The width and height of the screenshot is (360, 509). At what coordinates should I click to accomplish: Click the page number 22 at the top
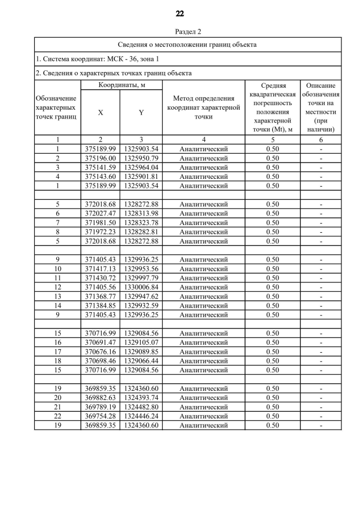tap(179, 13)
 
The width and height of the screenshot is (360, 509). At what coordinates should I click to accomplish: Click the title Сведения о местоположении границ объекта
tap(187, 44)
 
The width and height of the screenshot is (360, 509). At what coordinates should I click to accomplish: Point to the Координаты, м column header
tap(121, 85)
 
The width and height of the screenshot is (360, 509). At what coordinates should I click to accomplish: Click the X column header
tap(100, 112)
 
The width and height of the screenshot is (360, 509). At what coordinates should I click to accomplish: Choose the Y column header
tap(141, 112)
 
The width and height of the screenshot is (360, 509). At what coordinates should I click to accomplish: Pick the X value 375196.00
tap(100, 158)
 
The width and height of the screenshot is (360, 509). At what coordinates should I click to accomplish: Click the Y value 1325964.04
tap(141, 167)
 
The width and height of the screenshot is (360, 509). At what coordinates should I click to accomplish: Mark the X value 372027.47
tap(100, 213)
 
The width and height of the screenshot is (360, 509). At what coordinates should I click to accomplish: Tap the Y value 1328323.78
tap(141, 222)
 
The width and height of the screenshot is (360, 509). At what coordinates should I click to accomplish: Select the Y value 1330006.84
tap(141, 287)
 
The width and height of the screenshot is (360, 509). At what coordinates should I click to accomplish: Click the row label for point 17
tap(57, 352)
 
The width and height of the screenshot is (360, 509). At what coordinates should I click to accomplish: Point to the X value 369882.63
tap(100, 398)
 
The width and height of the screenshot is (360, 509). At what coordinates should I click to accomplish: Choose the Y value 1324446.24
tap(141, 416)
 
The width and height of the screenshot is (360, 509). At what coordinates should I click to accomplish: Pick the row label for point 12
tap(57, 287)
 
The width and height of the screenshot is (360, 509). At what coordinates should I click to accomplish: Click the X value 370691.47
tap(100, 343)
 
